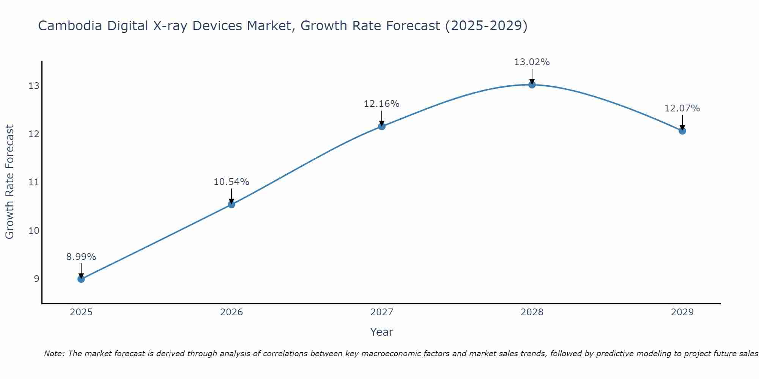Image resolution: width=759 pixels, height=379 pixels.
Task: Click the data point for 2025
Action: (81, 279)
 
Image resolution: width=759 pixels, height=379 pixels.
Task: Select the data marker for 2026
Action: (231, 205)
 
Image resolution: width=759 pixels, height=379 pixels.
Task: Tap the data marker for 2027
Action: (382, 126)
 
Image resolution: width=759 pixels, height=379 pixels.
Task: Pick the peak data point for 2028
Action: (532, 85)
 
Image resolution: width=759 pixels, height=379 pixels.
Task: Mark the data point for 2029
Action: (682, 131)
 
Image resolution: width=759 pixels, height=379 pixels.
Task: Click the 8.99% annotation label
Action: (81, 257)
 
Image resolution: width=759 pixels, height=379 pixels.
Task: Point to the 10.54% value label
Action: (231, 182)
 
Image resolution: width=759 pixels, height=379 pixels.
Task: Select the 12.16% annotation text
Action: (382, 104)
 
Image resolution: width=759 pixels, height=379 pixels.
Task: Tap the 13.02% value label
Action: (532, 62)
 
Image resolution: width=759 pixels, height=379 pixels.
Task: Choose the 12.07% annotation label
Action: (682, 108)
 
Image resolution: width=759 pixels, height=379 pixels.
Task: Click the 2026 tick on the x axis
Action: (231, 312)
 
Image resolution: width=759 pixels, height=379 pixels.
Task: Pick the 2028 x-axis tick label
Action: (532, 312)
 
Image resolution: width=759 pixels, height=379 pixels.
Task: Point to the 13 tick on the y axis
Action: (34, 86)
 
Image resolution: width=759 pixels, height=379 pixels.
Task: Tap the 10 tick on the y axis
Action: (34, 231)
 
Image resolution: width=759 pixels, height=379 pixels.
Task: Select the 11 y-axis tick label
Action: (34, 182)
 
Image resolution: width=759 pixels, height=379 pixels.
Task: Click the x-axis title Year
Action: (382, 332)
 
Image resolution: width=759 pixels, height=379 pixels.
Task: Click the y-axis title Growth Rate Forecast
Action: (10, 182)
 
